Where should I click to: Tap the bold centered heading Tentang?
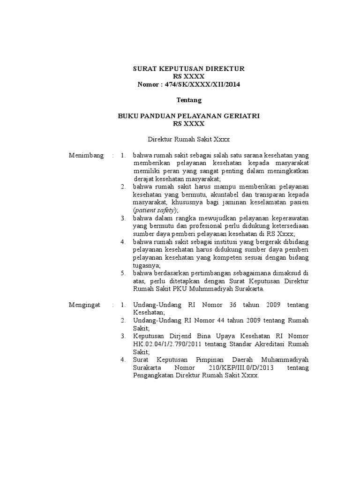189,100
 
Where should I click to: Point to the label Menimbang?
86,155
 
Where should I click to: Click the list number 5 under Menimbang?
123,273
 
